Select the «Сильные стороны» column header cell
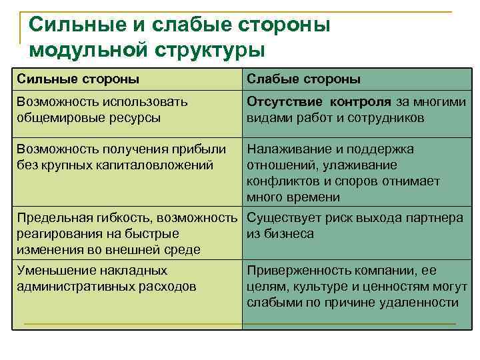[78, 79]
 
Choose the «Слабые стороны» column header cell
[304, 79]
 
